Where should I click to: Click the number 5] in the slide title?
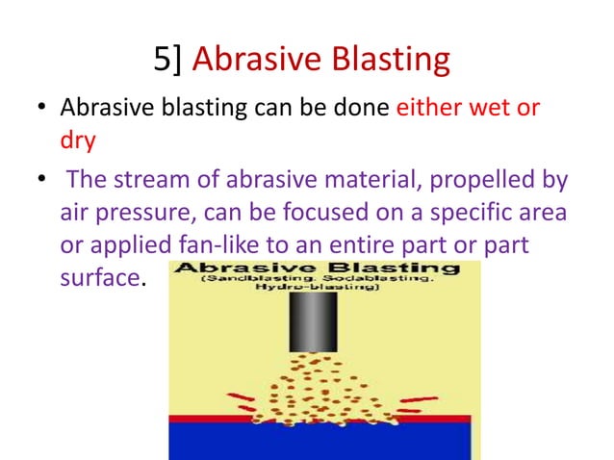pos(169,61)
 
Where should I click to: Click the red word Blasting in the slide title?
pos(389,61)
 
